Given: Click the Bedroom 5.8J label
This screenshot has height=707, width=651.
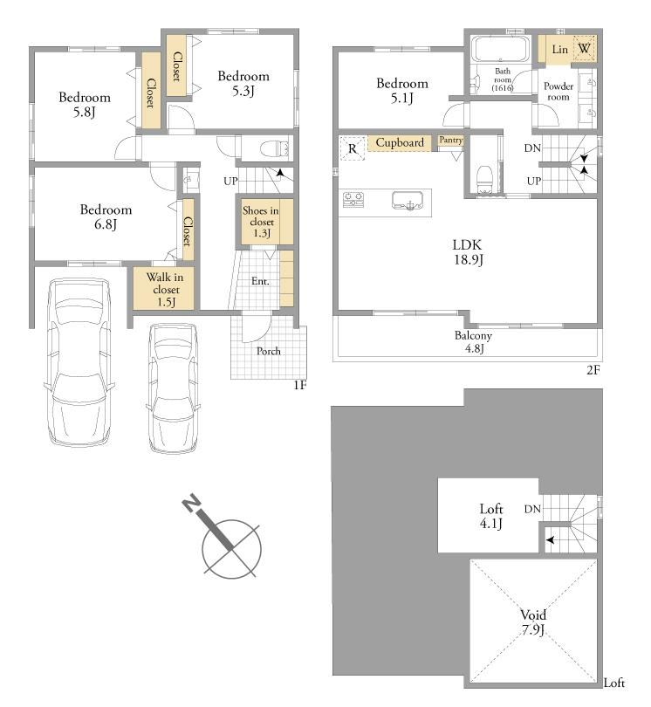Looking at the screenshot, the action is pos(85,105).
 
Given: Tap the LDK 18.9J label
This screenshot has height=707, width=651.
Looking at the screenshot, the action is pos(468,252).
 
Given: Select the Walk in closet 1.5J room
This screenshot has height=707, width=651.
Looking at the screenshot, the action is pos(164,288).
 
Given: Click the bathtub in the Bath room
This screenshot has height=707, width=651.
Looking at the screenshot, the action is pos(500,49).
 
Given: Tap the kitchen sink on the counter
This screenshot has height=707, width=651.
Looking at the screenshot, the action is pos(408,200).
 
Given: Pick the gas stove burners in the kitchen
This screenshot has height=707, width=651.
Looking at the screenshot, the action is pos(353,199).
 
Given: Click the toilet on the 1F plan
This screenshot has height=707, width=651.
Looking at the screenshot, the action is pos(275,148).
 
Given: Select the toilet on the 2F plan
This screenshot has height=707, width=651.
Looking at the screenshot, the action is pos(484,180).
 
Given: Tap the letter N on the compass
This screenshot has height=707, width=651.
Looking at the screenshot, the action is pos(192,504).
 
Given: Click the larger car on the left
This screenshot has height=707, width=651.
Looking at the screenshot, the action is pos(79,362).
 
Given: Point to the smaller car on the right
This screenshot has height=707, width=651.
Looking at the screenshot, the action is pos(173,388).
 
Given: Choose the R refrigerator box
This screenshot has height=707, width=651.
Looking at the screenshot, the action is pos(352,148).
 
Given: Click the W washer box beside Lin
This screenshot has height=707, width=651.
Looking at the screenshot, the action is pos(585,49).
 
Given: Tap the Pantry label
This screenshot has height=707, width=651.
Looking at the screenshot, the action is pos(451,141).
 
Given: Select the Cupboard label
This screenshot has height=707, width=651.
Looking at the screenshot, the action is pos(400,142).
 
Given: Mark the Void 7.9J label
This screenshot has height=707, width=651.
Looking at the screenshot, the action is pos(533,621).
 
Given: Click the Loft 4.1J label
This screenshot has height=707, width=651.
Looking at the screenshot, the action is pos(491,516).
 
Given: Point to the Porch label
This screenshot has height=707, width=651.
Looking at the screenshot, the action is pos(269,351).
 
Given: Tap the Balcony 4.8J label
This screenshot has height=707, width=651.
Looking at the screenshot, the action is pos(473,341).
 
